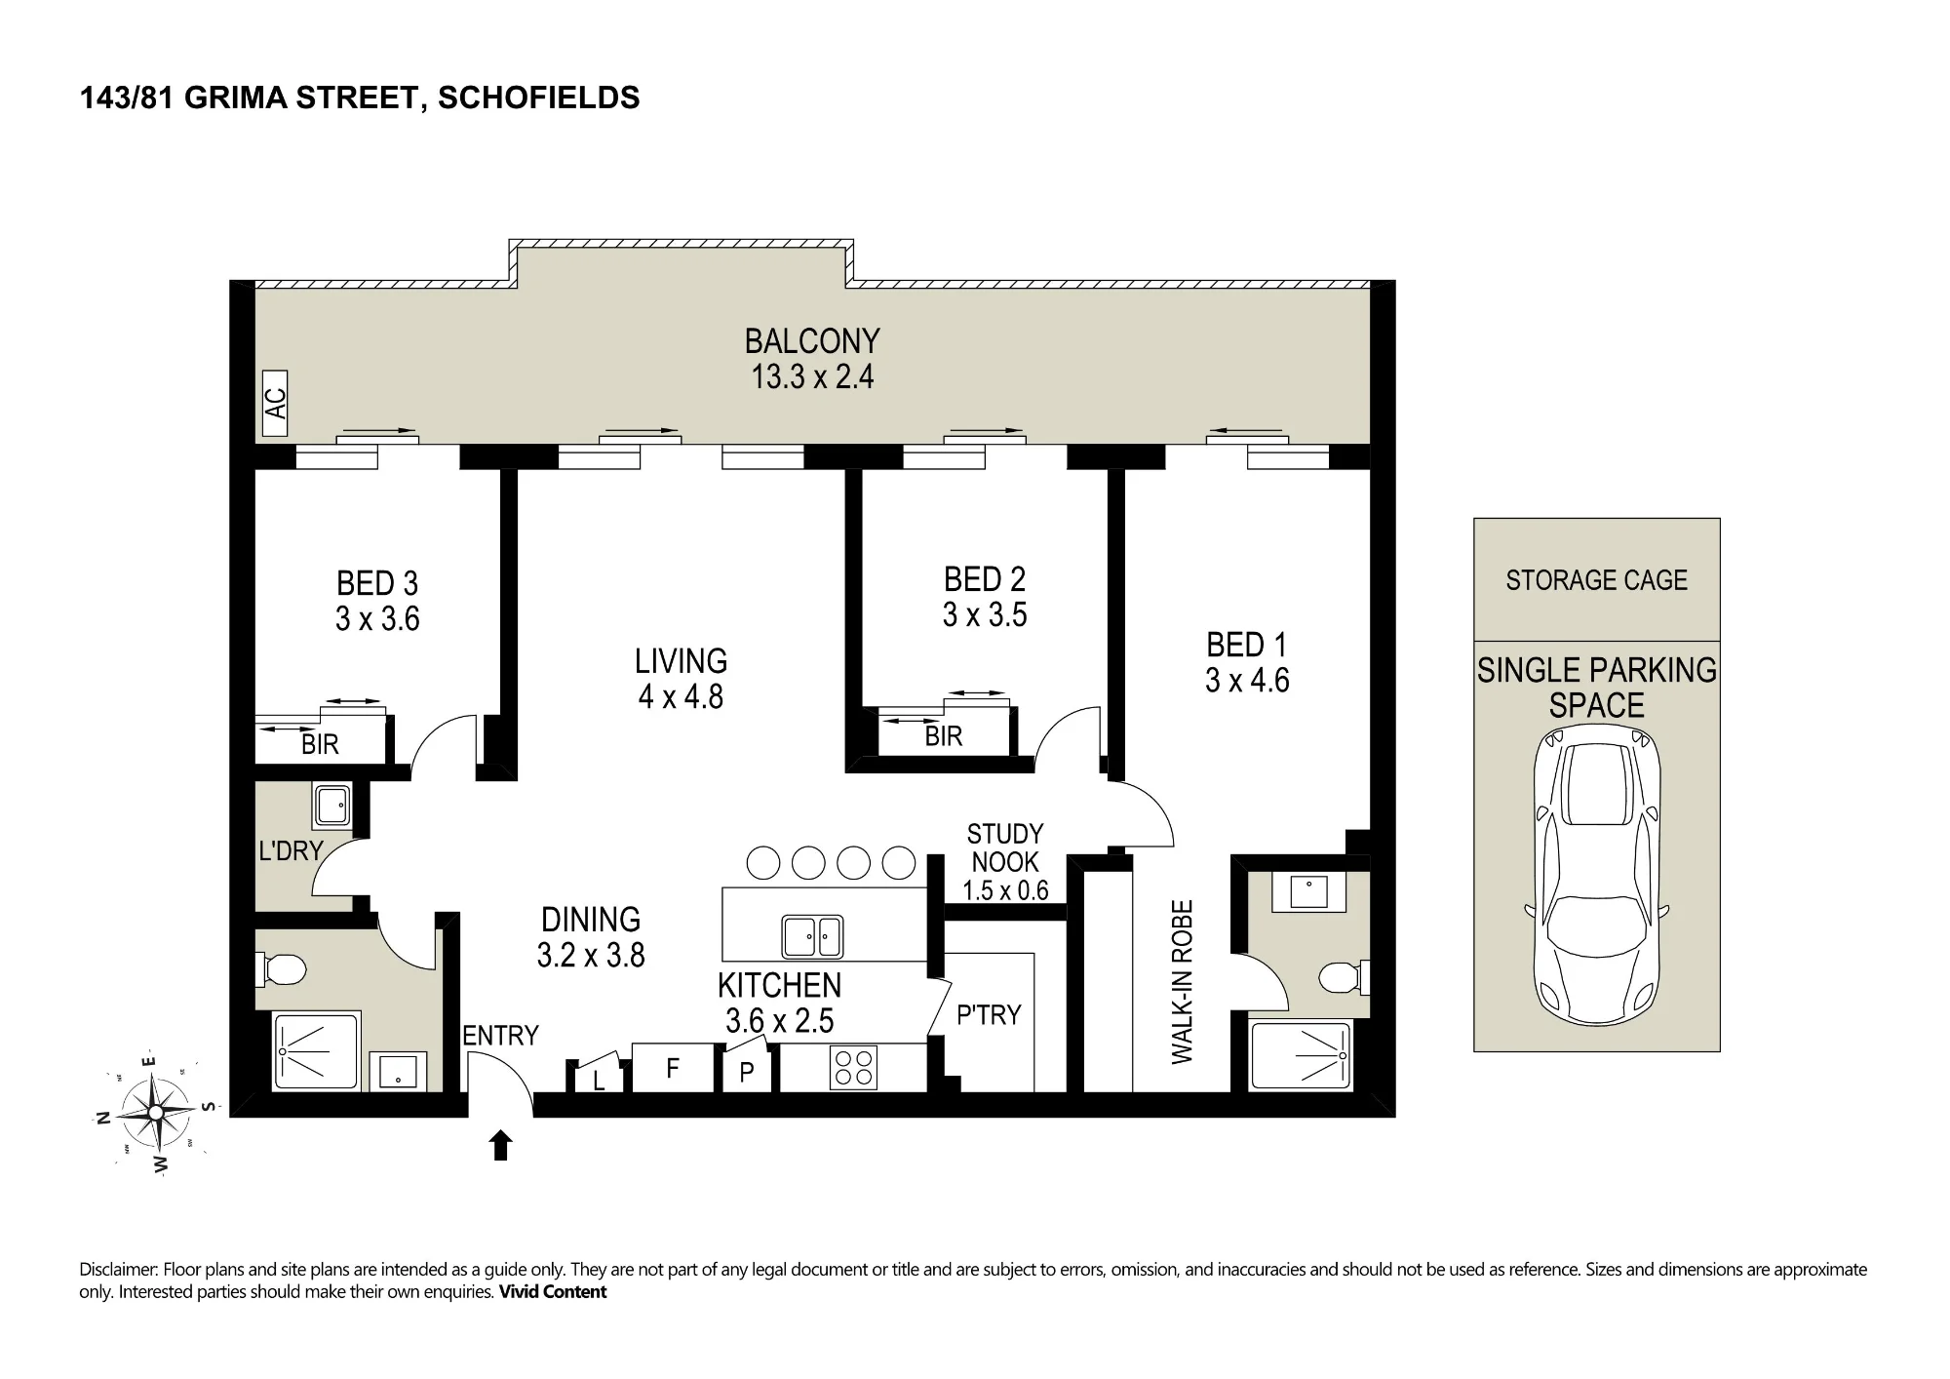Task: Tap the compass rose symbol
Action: click(156, 1113)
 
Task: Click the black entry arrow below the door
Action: click(500, 1145)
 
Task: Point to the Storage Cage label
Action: click(1596, 580)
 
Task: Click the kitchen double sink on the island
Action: click(812, 937)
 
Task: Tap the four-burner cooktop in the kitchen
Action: click(853, 1067)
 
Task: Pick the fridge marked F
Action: click(673, 1068)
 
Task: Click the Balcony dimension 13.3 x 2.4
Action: click(812, 376)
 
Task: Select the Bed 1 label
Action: click(1247, 645)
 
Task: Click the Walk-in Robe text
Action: click(1182, 982)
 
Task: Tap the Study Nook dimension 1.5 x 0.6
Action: click(1005, 890)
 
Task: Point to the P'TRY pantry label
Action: click(989, 1015)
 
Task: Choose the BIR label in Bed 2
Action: click(944, 736)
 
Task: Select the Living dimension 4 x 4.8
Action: click(681, 696)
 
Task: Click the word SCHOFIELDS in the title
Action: click(539, 98)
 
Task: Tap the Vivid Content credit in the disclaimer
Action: click(553, 1292)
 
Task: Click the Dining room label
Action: click(591, 920)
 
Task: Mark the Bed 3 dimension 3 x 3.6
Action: click(377, 618)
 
